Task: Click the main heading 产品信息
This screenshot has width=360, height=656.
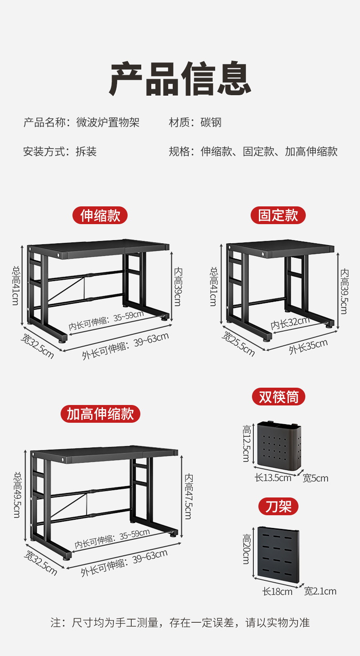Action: (x=180, y=78)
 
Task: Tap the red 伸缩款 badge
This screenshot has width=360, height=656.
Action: (x=100, y=215)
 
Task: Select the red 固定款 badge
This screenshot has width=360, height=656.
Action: (x=278, y=215)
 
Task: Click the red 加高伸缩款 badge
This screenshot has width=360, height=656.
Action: (x=100, y=414)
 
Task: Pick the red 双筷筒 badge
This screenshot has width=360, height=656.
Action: (x=278, y=397)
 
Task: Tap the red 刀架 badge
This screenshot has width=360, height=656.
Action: (x=278, y=507)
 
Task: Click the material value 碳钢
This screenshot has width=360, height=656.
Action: (x=211, y=123)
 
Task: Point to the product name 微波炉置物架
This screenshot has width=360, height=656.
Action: (x=108, y=123)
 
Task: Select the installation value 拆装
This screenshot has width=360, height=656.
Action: (x=86, y=151)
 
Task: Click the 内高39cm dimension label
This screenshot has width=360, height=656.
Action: (x=178, y=287)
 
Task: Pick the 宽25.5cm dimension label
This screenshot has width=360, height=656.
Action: (x=238, y=344)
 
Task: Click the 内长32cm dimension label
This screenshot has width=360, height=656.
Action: (x=290, y=323)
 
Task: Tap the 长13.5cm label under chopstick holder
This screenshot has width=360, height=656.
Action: (x=273, y=478)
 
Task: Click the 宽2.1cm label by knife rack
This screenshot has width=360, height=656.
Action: (x=320, y=591)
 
